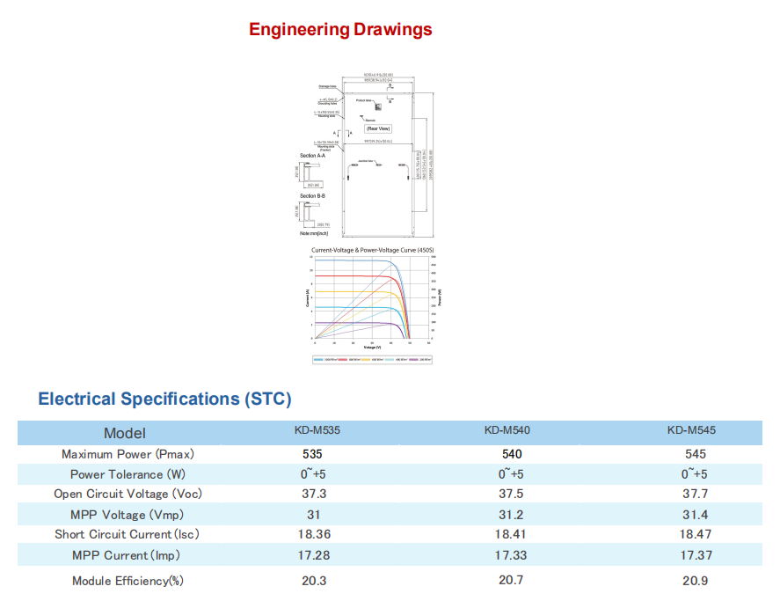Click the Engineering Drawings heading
tap(340, 29)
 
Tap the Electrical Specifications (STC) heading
tap(164, 399)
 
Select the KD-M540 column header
tap(507, 431)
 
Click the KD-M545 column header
tap(691, 431)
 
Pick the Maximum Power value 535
tap(312, 454)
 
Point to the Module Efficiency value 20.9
tap(695, 581)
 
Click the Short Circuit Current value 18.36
tap(314, 534)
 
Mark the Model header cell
tap(125, 432)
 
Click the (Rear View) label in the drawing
tap(378, 128)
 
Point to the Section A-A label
tap(312, 156)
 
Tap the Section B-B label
tap(312, 196)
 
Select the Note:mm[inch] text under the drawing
tap(313, 233)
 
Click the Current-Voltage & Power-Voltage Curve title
tap(373, 251)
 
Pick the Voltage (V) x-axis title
tap(372, 348)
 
